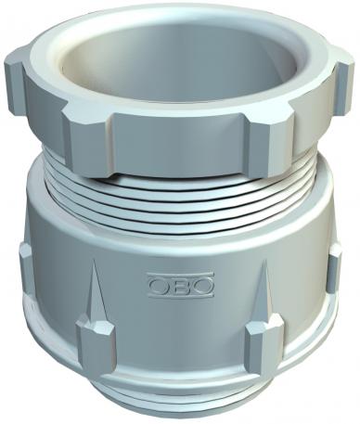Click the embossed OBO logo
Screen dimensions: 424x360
pyautogui.click(x=180, y=283)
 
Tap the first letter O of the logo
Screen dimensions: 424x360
pyautogui.click(x=159, y=283)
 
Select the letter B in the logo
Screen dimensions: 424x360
pyautogui.click(x=180, y=283)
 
